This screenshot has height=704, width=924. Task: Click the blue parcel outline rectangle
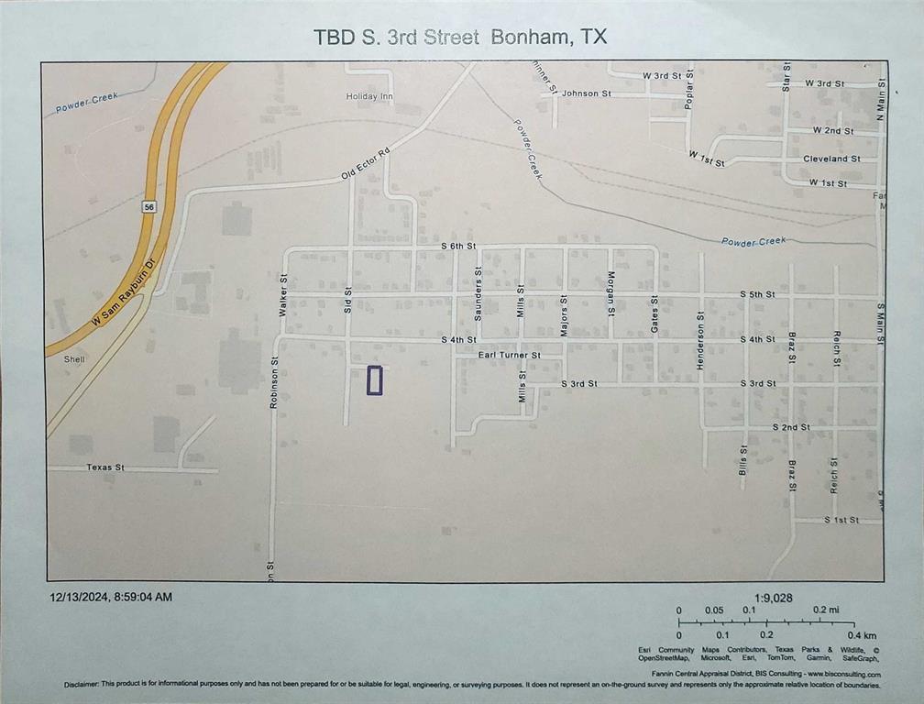[374, 380]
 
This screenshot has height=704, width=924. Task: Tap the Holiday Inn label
[368, 96]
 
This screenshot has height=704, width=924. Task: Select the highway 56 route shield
[148, 208]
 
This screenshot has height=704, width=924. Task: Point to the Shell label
[74, 359]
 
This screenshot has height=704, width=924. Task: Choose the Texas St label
[105, 467]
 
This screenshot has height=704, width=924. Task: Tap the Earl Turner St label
[510, 355]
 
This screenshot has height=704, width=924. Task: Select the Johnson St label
[587, 93]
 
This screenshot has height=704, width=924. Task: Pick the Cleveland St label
[831, 159]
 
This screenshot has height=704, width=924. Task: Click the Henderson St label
[700, 341]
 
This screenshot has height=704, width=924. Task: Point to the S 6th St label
[458, 247]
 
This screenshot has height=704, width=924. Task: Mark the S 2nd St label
[790, 427]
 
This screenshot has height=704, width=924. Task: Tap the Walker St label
[284, 295]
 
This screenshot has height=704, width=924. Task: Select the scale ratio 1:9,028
[775, 598]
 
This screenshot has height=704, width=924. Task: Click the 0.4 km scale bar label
[862, 635]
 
